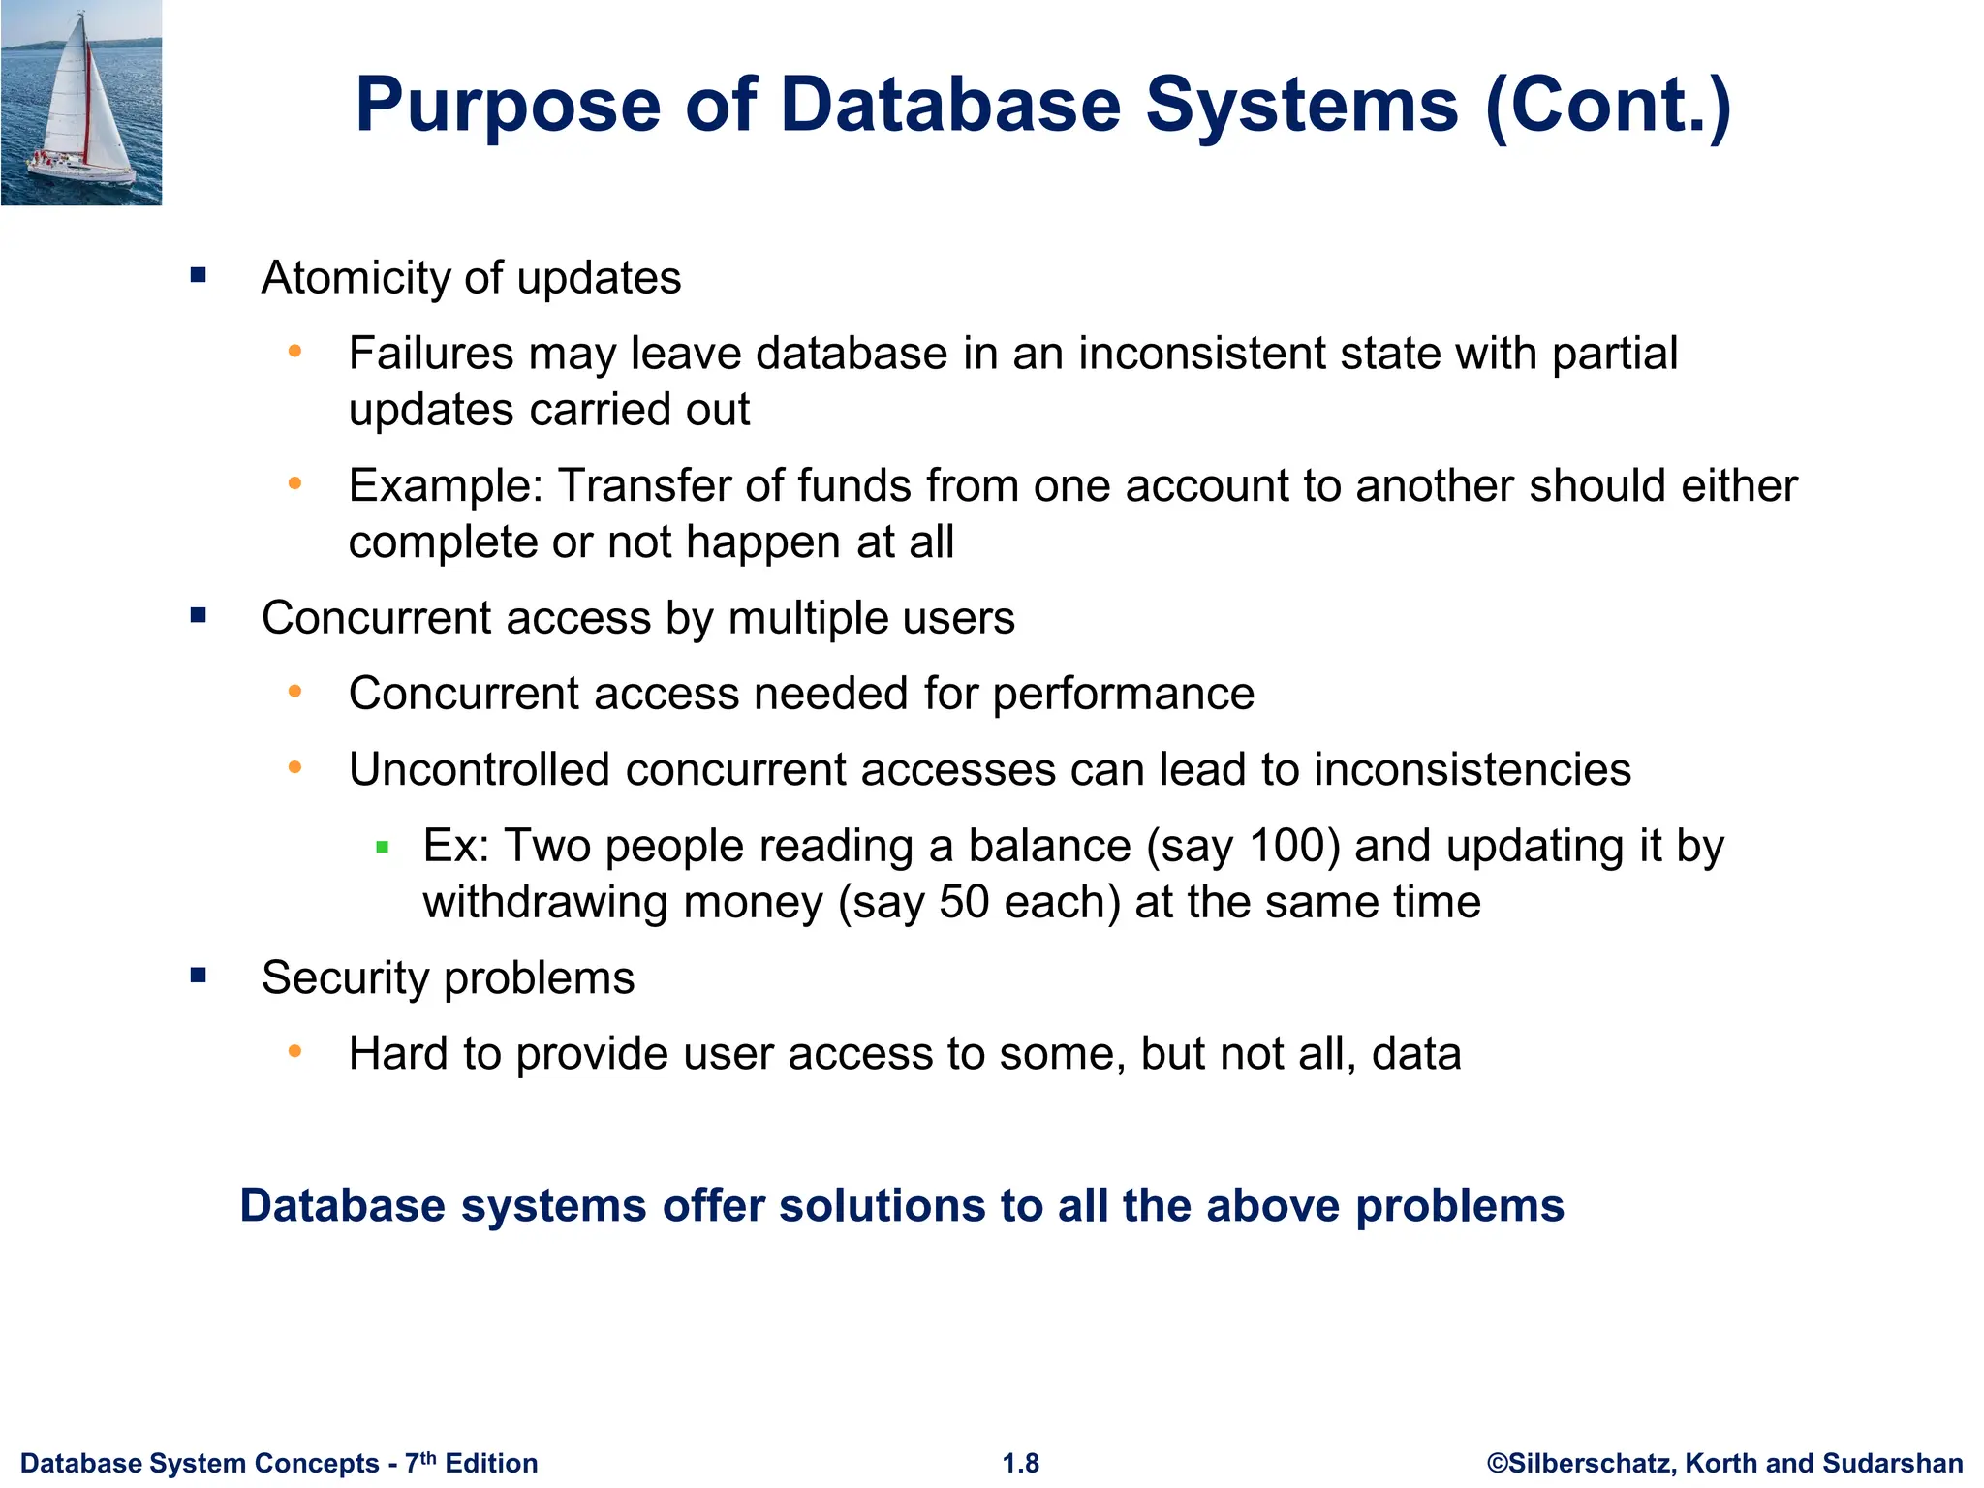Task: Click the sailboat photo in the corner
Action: pyautogui.click(x=81, y=102)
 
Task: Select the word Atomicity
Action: pyautogui.click(x=356, y=278)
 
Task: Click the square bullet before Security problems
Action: pyautogui.click(x=199, y=975)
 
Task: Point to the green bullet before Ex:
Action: pyautogui.click(x=382, y=848)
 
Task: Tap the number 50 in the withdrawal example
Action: pyautogui.click(x=964, y=902)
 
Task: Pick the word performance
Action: pyautogui.click(x=1124, y=695)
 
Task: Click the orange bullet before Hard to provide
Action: pyautogui.click(x=295, y=1051)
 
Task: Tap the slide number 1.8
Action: pyautogui.click(x=1020, y=1463)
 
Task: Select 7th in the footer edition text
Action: pyautogui.click(x=420, y=1462)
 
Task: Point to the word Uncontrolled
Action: pyautogui.click(x=480, y=770)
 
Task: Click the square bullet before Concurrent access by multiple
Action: pyautogui.click(x=199, y=615)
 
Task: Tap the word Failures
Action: pyautogui.click(x=431, y=354)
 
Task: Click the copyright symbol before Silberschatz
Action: pyautogui.click(x=1497, y=1463)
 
